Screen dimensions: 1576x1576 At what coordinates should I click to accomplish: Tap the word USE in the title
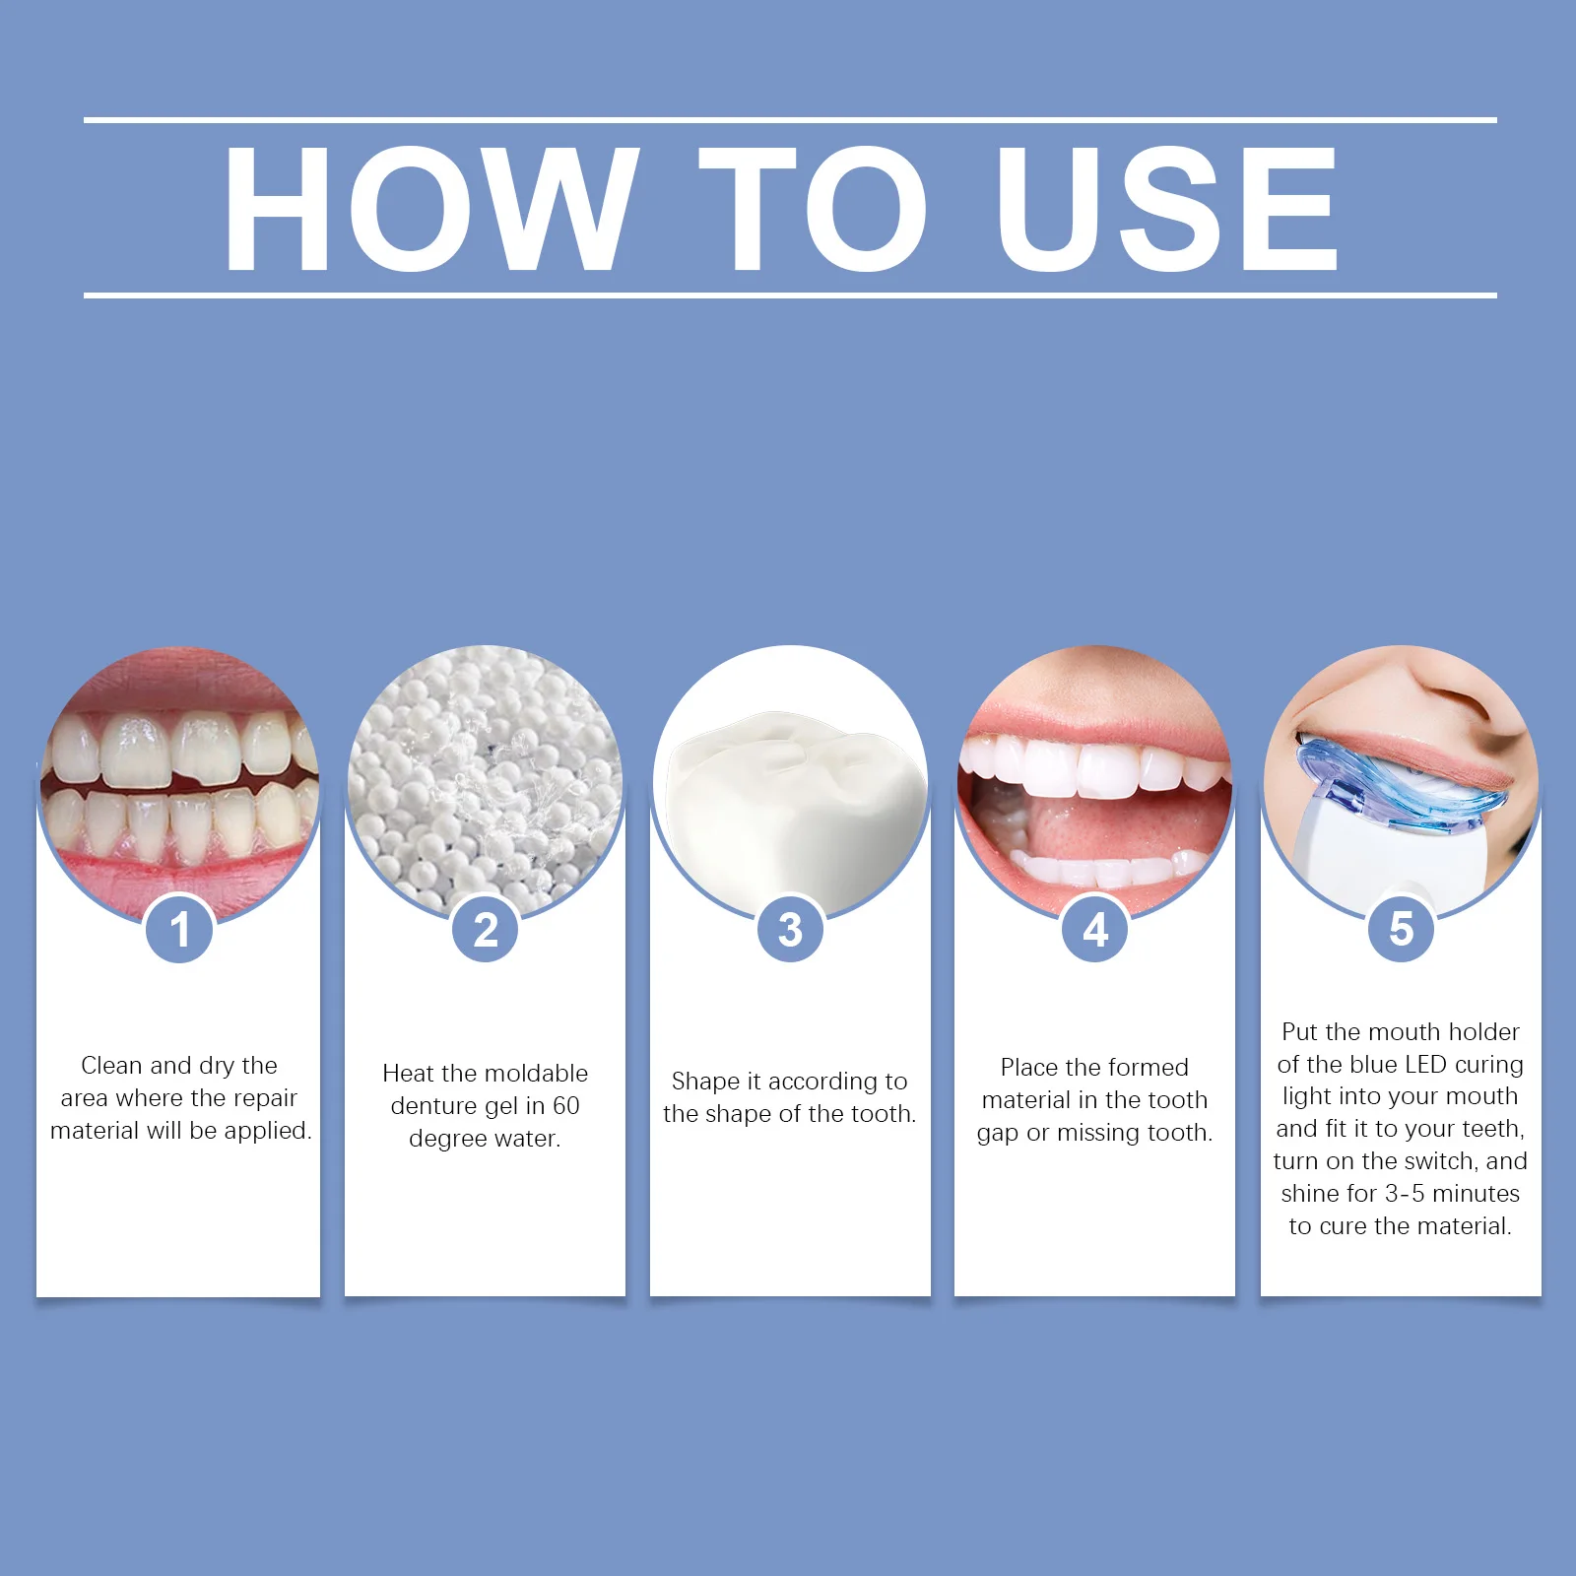tap(1167, 208)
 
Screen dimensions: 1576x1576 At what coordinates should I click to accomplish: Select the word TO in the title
tap(813, 208)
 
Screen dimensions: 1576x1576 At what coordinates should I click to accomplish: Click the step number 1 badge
tap(179, 929)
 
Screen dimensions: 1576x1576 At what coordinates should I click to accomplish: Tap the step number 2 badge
tap(486, 929)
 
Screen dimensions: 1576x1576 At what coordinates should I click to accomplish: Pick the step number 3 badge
tap(790, 929)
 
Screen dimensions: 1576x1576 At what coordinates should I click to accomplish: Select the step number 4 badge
tap(1094, 929)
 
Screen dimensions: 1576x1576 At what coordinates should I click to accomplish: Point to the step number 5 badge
tap(1401, 929)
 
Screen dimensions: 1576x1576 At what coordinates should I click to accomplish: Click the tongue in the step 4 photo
tap(1083, 822)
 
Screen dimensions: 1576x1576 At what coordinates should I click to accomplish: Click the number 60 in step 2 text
tap(565, 1105)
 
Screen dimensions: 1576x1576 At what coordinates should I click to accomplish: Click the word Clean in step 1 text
tap(111, 1065)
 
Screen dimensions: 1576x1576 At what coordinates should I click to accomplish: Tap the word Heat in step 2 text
tap(407, 1073)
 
